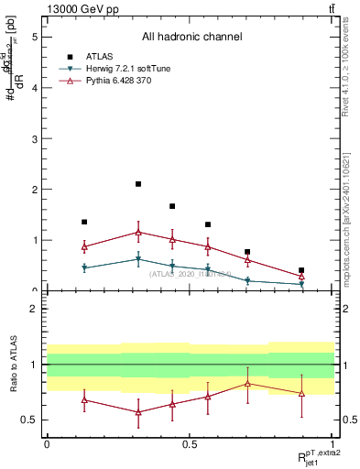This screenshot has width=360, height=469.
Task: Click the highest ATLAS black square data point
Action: tap(138, 184)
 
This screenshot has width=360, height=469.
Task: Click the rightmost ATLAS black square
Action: tap(301, 270)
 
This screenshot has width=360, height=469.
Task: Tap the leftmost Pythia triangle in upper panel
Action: tap(84, 246)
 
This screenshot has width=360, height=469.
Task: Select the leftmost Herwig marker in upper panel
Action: tap(84, 267)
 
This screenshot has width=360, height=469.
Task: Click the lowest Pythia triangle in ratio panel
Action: tap(138, 412)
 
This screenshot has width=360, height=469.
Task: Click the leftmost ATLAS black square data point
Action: tap(84, 222)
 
